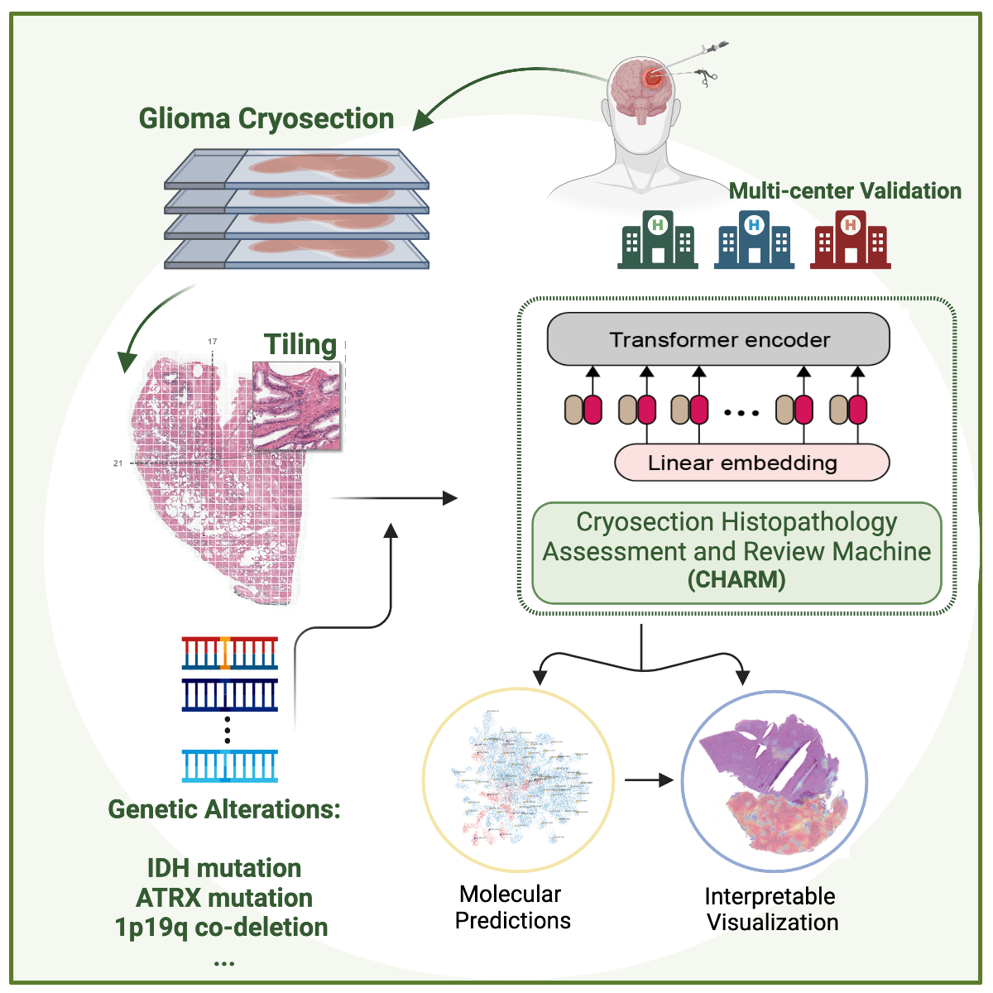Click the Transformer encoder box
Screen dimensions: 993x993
point(718,339)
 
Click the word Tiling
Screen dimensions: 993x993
point(300,344)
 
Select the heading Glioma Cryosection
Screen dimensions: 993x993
point(266,118)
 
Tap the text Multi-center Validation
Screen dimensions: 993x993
point(845,191)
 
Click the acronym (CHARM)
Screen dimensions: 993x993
point(736,579)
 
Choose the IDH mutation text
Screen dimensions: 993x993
point(224,868)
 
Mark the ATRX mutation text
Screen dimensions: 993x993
point(224,898)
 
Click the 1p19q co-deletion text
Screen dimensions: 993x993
point(222,928)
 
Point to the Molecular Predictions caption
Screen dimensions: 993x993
point(512,907)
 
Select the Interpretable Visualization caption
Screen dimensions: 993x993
point(771,909)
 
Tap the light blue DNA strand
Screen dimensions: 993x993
point(230,765)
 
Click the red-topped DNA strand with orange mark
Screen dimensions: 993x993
point(230,653)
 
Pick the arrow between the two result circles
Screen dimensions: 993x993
point(649,780)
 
